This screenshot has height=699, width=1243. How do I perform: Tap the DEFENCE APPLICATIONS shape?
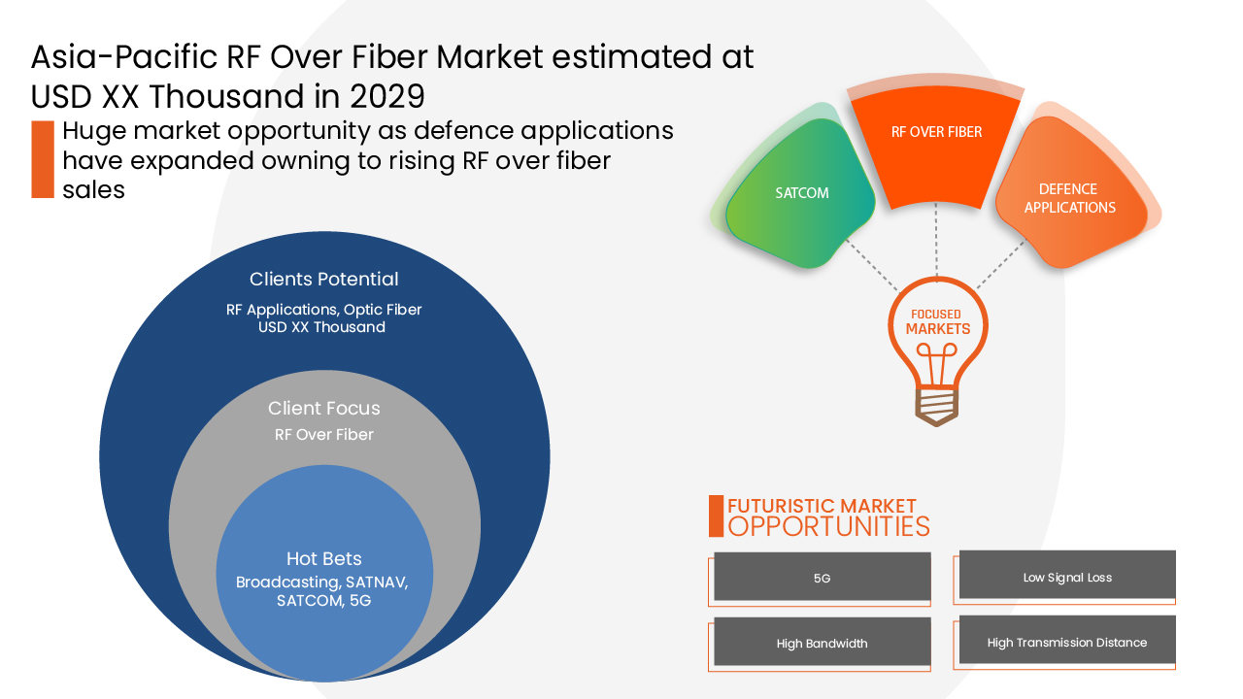pos(1068,199)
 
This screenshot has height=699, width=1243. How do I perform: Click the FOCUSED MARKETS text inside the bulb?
pos(937,322)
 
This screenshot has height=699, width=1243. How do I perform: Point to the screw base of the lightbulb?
pos(937,405)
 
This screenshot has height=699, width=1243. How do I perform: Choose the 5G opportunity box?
pos(822,578)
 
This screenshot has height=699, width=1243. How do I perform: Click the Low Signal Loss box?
pos(1066,577)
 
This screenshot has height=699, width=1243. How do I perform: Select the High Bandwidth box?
pos(822,643)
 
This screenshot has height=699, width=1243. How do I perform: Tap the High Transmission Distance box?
pos(1066,642)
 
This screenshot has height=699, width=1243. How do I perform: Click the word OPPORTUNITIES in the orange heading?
pos(828,526)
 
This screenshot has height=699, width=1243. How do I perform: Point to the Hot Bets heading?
pos(323,558)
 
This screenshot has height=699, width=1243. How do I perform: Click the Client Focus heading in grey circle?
pos(323,408)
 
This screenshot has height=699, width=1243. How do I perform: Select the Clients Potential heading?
pos(323,279)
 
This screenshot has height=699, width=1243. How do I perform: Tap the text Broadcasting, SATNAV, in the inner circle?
pos(322,582)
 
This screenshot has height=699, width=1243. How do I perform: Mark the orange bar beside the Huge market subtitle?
pos(42,159)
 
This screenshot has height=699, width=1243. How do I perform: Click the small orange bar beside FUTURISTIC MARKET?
pos(716,516)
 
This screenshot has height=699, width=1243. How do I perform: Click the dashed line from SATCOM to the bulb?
pos(871,264)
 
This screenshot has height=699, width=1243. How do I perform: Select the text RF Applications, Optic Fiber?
pos(323,310)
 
